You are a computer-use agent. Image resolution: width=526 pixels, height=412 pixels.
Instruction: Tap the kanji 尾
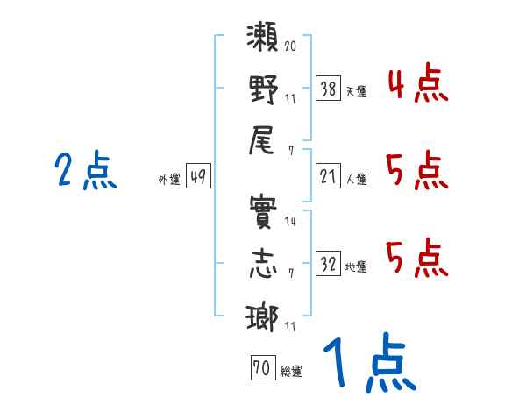click(264, 141)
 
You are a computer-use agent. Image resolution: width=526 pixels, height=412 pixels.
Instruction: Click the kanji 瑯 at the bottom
click(264, 318)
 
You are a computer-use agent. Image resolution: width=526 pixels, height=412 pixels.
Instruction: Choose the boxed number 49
click(198, 177)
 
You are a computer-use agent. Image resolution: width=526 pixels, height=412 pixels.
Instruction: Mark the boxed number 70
click(260, 369)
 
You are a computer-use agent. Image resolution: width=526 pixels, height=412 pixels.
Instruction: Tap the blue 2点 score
click(85, 170)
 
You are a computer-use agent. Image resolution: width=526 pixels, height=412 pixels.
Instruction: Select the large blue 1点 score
click(367, 365)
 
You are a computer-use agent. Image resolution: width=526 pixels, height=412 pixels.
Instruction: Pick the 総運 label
click(290, 372)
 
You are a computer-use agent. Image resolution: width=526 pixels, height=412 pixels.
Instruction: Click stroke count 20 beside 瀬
click(290, 45)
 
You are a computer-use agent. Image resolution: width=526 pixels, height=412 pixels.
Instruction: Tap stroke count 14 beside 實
click(290, 221)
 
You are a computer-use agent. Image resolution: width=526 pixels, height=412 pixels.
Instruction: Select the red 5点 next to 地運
click(416, 258)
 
